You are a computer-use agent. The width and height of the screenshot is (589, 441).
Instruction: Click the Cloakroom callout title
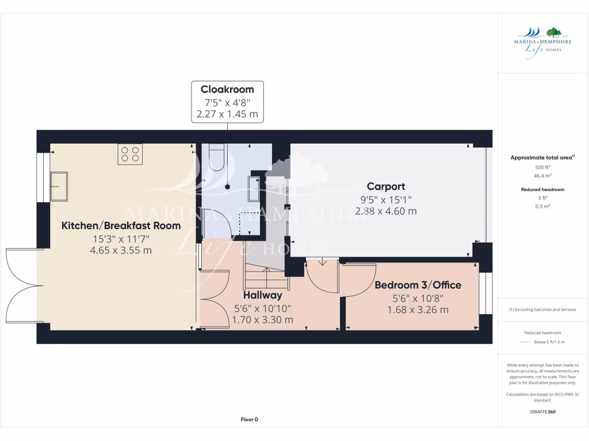227,89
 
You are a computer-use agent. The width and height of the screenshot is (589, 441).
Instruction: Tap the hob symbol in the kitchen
130,154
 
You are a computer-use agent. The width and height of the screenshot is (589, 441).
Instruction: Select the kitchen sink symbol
58,186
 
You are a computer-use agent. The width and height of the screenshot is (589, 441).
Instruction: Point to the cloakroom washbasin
254,187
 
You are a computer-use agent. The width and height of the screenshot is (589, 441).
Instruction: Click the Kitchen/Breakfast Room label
121,226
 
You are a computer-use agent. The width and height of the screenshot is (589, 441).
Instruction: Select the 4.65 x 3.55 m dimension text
121,250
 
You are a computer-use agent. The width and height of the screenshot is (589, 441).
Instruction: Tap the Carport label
386,186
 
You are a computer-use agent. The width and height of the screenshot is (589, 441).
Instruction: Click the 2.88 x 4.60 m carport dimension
386,211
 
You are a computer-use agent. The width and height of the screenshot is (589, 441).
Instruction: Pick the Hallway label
262,295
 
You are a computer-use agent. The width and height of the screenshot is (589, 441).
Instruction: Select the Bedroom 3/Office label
418,285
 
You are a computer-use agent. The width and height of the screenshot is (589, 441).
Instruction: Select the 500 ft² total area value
542,167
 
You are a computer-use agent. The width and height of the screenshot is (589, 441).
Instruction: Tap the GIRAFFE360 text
542,412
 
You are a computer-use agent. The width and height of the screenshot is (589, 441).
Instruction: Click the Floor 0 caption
249,419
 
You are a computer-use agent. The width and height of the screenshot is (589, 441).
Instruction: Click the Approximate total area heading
542,157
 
